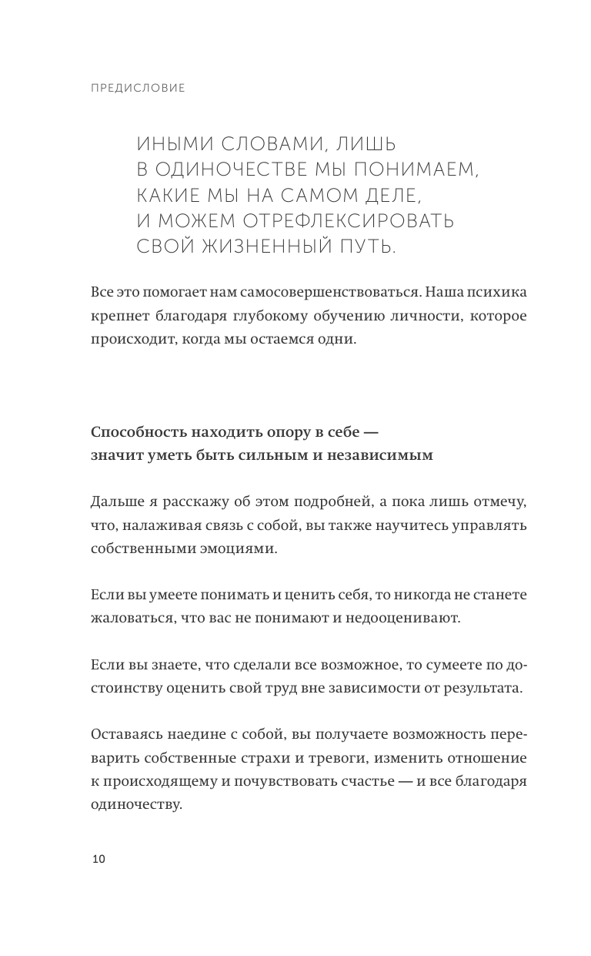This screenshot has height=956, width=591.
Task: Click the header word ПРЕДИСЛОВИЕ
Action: pos(138,88)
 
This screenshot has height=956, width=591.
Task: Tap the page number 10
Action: pos(98,859)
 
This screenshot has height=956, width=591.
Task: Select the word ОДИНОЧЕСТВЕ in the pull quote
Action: pos(245,169)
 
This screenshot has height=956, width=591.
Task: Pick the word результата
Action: pos(485,687)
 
